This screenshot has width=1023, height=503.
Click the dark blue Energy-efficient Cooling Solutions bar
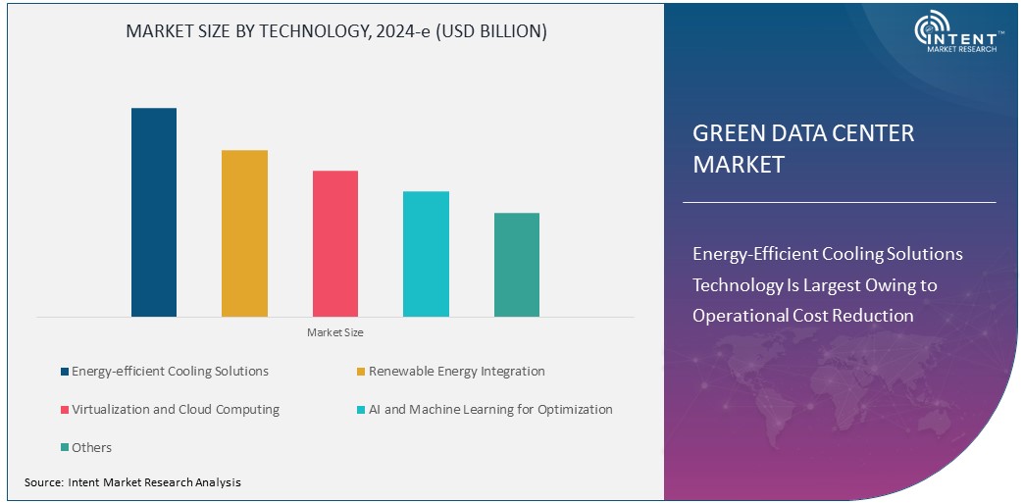coord(154,212)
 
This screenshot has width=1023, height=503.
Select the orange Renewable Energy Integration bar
coord(244,233)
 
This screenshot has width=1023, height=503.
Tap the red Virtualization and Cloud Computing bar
coord(335,243)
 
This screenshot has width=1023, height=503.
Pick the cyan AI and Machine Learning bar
coord(426,254)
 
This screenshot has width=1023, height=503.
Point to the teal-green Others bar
coord(517,265)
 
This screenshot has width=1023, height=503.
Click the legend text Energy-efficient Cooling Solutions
coord(170,372)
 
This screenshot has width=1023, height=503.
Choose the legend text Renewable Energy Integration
coord(456,372)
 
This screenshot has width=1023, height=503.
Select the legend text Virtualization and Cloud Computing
coord(176,410)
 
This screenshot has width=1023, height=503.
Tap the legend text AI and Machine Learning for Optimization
coord(490,410)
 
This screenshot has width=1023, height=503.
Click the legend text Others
coord(91,448)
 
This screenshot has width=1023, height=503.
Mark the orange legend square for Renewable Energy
coord(360,372)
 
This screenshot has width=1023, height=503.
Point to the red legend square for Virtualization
coord(64,410)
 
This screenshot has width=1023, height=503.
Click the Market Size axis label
coord(334,332)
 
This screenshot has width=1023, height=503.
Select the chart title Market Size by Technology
coord(336,31)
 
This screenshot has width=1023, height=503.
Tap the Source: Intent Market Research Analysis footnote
coord(132,482)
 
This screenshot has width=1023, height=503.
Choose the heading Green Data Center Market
coord(802,148)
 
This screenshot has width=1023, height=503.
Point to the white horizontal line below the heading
coord(839,202)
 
